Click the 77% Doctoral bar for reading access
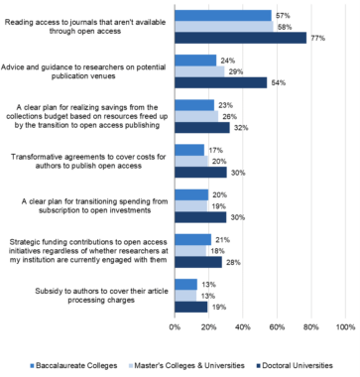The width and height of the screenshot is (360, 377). pos(240,38)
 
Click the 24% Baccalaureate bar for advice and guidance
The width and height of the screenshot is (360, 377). pos(194,61)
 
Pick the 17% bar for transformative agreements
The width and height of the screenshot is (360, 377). pos(188,149)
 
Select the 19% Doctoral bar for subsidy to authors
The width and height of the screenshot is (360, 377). pos(190,307)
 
